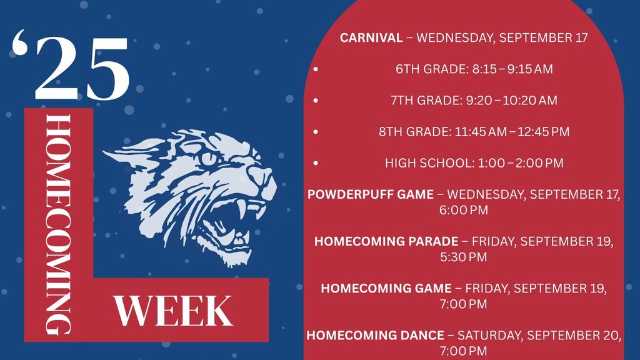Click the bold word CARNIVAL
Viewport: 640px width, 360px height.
pos(371,38)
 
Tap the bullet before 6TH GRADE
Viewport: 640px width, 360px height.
pos(316,69)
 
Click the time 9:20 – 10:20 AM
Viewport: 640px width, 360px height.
pos(516,101)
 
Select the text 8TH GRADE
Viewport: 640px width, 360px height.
pos(414,132)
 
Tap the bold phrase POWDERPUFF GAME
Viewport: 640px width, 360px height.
pos(370,194)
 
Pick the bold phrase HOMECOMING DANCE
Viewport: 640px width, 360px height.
pos(375,335)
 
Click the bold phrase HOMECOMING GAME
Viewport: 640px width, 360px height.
pos(386,288)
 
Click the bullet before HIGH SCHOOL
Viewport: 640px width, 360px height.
pos(316,163)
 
